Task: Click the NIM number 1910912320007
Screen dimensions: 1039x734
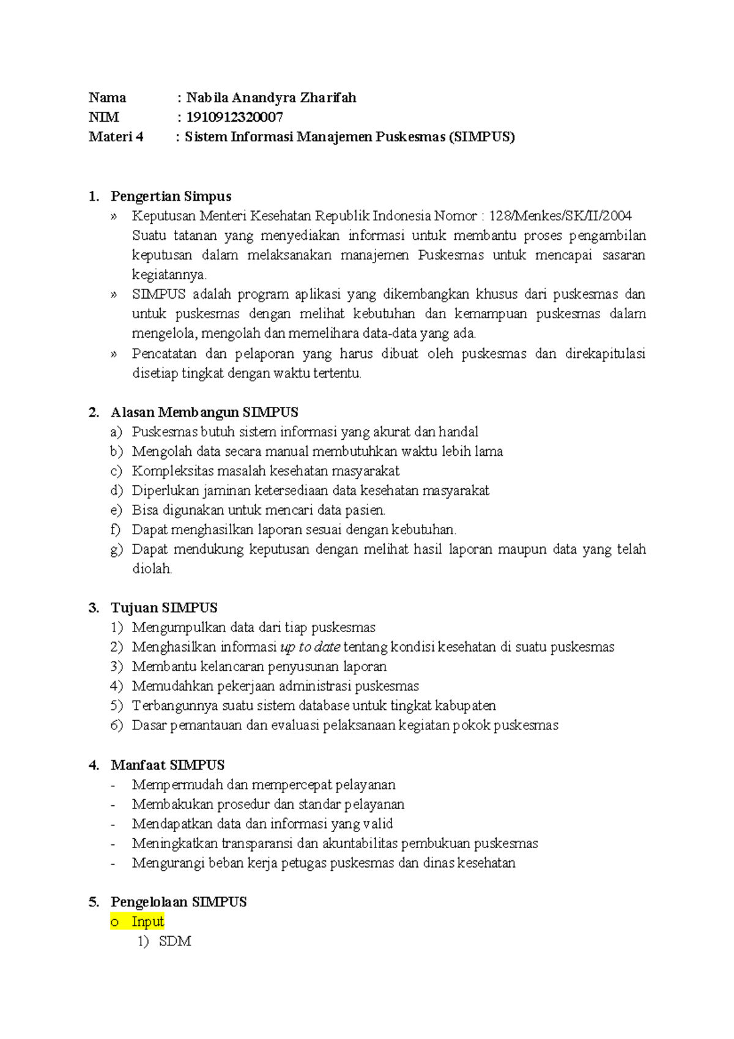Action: [234, 117]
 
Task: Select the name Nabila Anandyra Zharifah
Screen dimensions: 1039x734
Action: [271, 97]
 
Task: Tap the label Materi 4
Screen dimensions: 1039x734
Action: [116, 136]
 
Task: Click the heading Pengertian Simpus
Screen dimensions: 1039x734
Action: [171, 196]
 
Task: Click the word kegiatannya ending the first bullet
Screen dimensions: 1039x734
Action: [169, 275]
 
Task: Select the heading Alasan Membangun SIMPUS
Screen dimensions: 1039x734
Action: [204, 412]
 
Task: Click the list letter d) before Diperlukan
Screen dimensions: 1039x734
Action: [116, 491]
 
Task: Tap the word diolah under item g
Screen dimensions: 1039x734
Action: [152, 569]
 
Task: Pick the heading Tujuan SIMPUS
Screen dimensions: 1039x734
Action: [164, 608]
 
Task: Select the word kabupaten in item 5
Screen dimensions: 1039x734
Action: [465, 706]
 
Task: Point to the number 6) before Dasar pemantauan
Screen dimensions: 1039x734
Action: [116, 726]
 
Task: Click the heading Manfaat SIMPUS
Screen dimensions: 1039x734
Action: [168, 765]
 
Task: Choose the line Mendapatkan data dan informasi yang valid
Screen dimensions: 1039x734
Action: [262, 824]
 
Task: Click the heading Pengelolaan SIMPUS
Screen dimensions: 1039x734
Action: [179, 903]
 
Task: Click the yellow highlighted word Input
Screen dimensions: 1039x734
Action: [147, 922]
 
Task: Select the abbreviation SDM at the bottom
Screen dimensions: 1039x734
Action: [175, 942]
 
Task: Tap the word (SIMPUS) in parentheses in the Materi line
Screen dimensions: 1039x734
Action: [481, 136]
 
